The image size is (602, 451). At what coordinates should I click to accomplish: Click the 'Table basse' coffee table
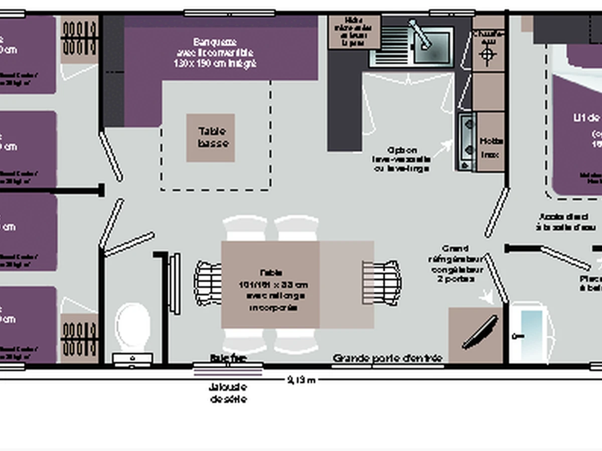click(211, 138)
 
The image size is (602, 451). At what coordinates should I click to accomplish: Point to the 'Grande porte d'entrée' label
click(387, 358)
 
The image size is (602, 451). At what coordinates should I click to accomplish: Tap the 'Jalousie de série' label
click(228, 393)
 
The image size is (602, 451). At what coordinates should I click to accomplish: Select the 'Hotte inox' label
click(491, 148)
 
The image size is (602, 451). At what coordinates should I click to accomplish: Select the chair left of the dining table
click(209, 283)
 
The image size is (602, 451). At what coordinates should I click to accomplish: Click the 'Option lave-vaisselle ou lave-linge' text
click(401, 159)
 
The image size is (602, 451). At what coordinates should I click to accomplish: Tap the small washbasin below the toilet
click(132, 359)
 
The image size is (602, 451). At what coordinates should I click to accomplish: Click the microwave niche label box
click(354, 32)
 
